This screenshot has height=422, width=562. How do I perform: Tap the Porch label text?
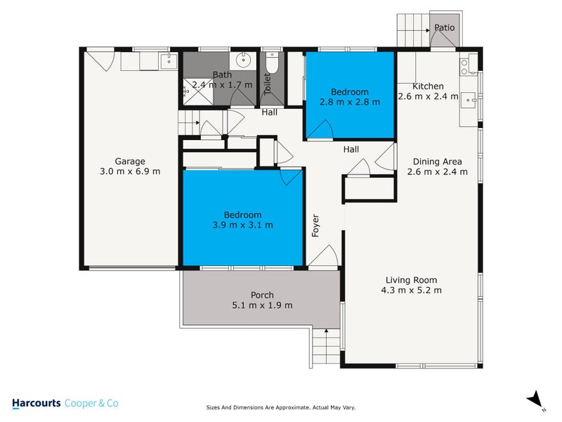[x=262, y=295]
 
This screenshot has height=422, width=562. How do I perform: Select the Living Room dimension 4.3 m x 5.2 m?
[x=411, y=290]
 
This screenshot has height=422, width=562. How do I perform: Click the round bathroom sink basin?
[x=244, y=59]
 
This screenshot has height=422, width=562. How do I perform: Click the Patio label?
[x=444, y=28]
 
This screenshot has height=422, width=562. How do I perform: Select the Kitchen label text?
[x=428, y=87]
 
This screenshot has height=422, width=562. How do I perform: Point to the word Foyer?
[x=316, y=225]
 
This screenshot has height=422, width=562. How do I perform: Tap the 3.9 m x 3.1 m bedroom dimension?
[x=243, y=225]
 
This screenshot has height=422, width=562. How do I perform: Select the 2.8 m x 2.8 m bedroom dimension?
[x=350, y=102]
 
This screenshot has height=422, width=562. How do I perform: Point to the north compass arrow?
[x=536, y=399]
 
